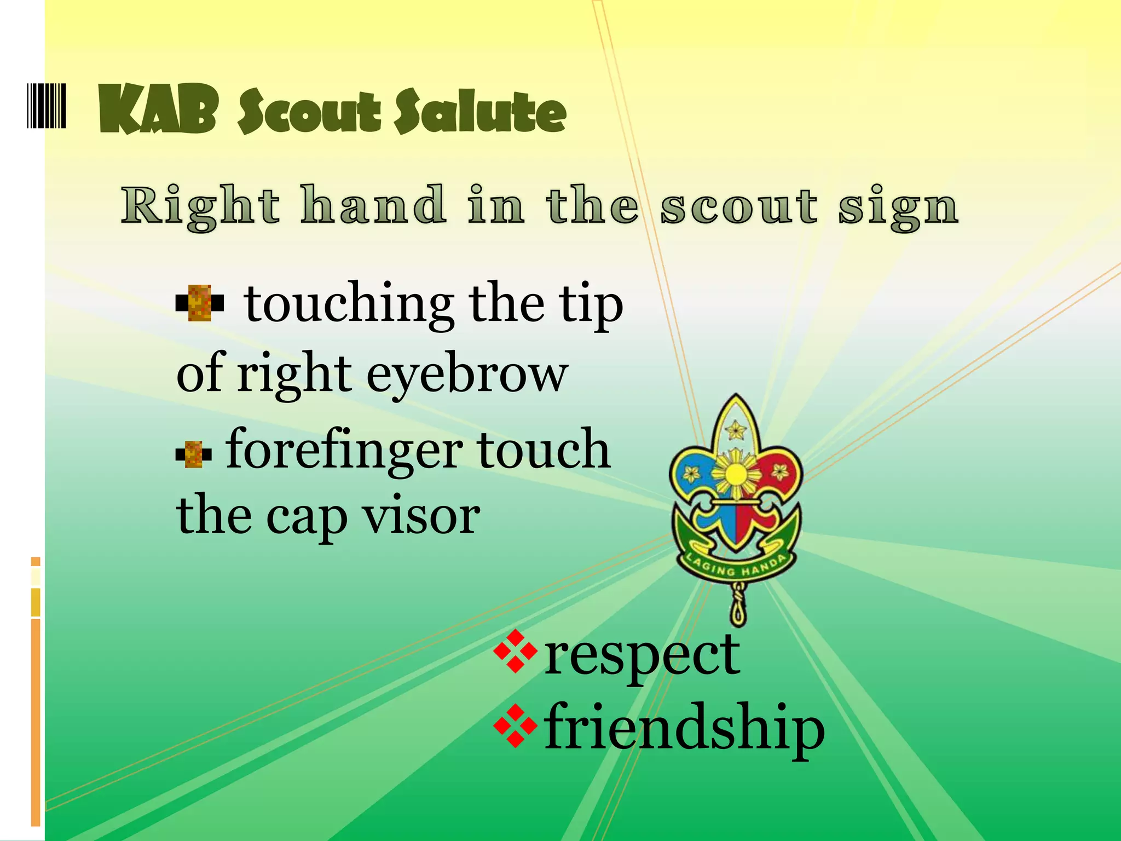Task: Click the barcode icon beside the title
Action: (x=47, y=106)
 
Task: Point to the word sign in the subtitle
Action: (x=898, y=208)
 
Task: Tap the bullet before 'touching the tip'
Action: (x=200, y=302)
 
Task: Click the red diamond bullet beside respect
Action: (x=515, y=651)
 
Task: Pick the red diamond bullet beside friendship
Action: (x=515, y=726)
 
